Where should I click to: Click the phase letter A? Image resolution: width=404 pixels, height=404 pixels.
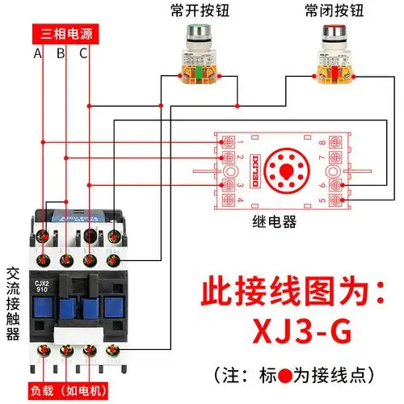click(37, 54)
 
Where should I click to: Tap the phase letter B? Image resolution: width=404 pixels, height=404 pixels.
click(60, 54)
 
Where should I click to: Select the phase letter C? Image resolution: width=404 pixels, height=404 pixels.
click(83, 54)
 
